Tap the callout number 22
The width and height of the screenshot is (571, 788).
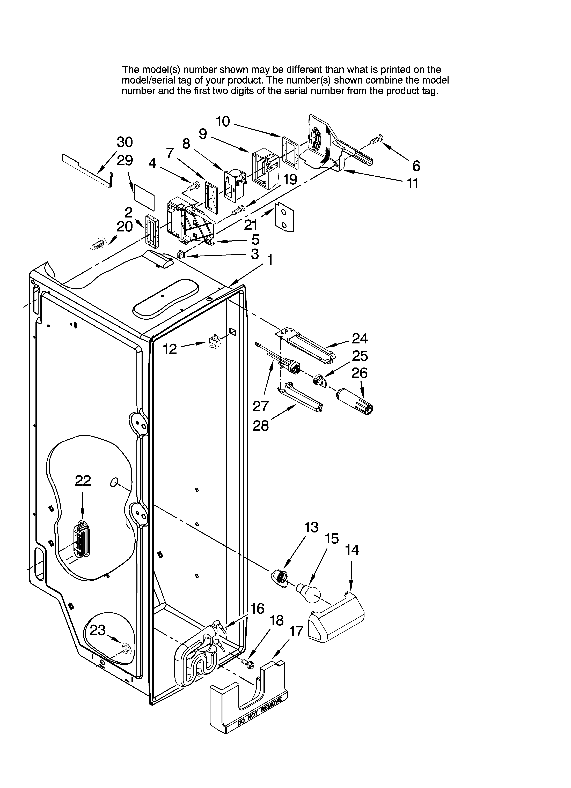[83, 481]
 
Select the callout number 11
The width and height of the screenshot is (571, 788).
[413, 183]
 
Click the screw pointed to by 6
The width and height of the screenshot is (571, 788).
[376, 139]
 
